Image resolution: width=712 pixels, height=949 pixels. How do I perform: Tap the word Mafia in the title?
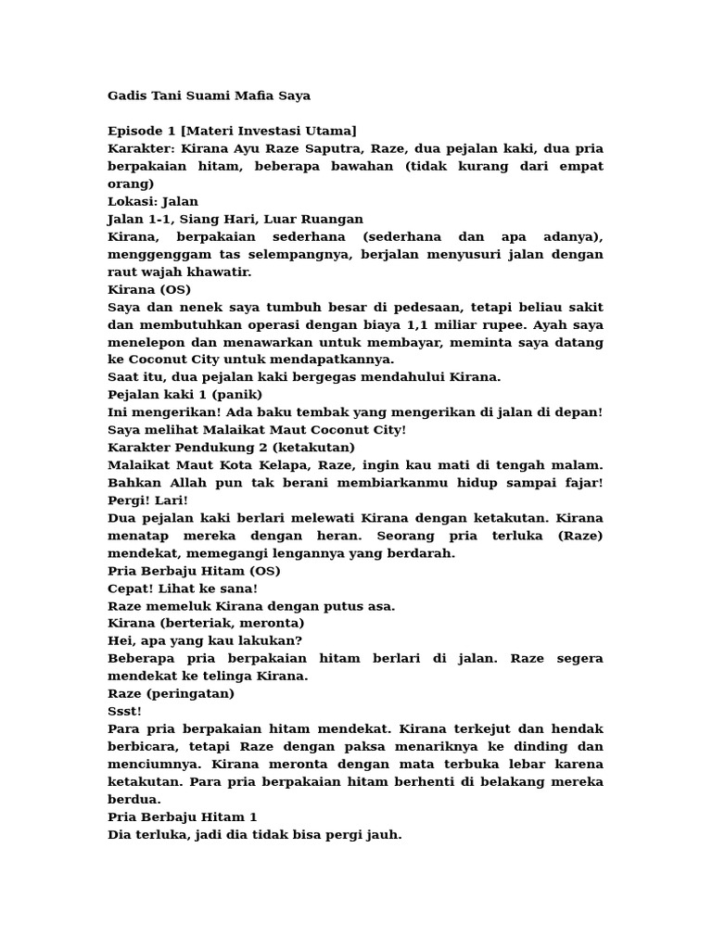click(x=256, y=95)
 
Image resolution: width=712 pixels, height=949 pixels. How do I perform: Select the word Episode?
click(x=136, y=131)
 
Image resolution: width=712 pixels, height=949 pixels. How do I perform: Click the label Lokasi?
click(x=133, y=201)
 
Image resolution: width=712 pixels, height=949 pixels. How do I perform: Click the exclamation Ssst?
click(x=125, y=711)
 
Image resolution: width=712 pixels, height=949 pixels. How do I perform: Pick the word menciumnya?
click(x=150, y=764)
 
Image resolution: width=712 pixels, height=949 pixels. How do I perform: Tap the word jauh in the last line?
click(x=384, y=834)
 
